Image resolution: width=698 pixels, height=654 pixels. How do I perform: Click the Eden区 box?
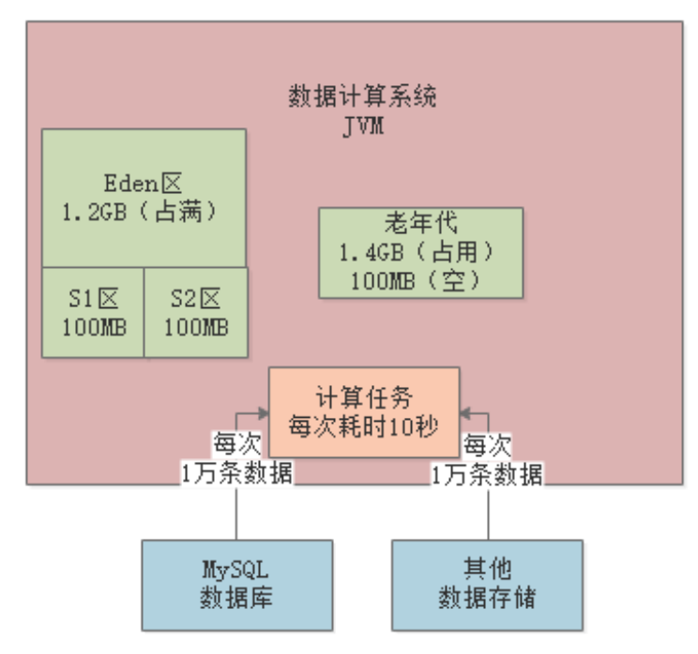(144, 198)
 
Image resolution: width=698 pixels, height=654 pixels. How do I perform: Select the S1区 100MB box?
(94, 312)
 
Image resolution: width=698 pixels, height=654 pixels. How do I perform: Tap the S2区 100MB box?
(196, 312)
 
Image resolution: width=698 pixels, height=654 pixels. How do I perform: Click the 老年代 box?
(420, 253)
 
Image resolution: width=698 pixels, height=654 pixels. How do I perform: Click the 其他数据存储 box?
(486, 584)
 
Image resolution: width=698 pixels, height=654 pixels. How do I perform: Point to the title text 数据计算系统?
(362, 97)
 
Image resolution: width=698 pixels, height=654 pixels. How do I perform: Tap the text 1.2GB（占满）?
(145, 212)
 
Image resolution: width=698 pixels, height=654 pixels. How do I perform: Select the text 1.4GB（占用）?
(420, 253)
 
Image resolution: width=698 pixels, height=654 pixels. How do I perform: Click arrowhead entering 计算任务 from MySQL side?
(264, 410)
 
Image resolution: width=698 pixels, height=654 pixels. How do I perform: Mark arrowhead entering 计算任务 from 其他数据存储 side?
(464, 410)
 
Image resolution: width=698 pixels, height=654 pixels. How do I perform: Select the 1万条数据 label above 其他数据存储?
(487, 473)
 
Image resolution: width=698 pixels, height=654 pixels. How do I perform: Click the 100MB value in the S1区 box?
(94, 327)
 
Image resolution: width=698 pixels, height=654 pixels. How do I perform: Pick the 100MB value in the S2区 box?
(196, 327)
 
